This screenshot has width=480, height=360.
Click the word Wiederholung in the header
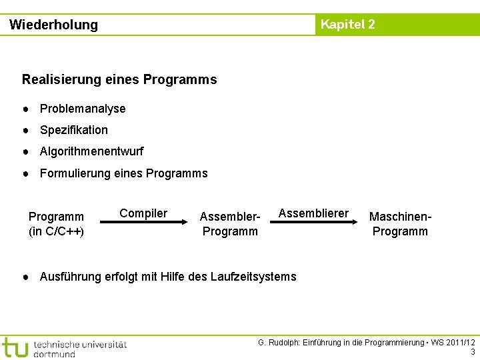(53, 25)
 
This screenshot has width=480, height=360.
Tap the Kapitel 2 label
(347, 25)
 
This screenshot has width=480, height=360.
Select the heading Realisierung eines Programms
(119, 79)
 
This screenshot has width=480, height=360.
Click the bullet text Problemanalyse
(83, 109)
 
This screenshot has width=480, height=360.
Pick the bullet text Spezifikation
(73, 130)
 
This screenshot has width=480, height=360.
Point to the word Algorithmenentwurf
(91, 151)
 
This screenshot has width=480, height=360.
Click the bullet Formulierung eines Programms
(123, 173)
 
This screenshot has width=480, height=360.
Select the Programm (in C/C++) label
(56, 224)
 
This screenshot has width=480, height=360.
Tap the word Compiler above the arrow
(143, 213)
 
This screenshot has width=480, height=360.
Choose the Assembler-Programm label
(230, 224)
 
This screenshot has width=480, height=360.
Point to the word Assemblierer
(313, 213)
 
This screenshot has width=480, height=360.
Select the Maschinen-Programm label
(401, 224)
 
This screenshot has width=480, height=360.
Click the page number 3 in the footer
(473, 352)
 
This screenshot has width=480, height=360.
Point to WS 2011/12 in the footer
(453, 343)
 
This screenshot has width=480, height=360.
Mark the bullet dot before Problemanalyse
(25, 109)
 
